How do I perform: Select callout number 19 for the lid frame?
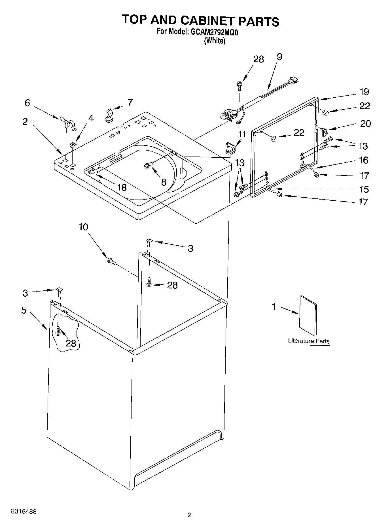point(364,92)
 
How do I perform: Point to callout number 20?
point(365,124)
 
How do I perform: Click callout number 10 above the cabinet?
point(83,227)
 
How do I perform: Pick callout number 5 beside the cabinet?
point(24,310)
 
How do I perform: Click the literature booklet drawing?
point(308,316)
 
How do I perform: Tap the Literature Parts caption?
point(309,341)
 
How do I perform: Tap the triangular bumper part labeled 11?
point(231,148)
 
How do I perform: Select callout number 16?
point(364,160)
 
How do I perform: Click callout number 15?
point(364,189)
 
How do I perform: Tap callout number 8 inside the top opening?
point(164,182)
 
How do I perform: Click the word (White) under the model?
point(215,41)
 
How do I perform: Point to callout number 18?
point(122,187)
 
